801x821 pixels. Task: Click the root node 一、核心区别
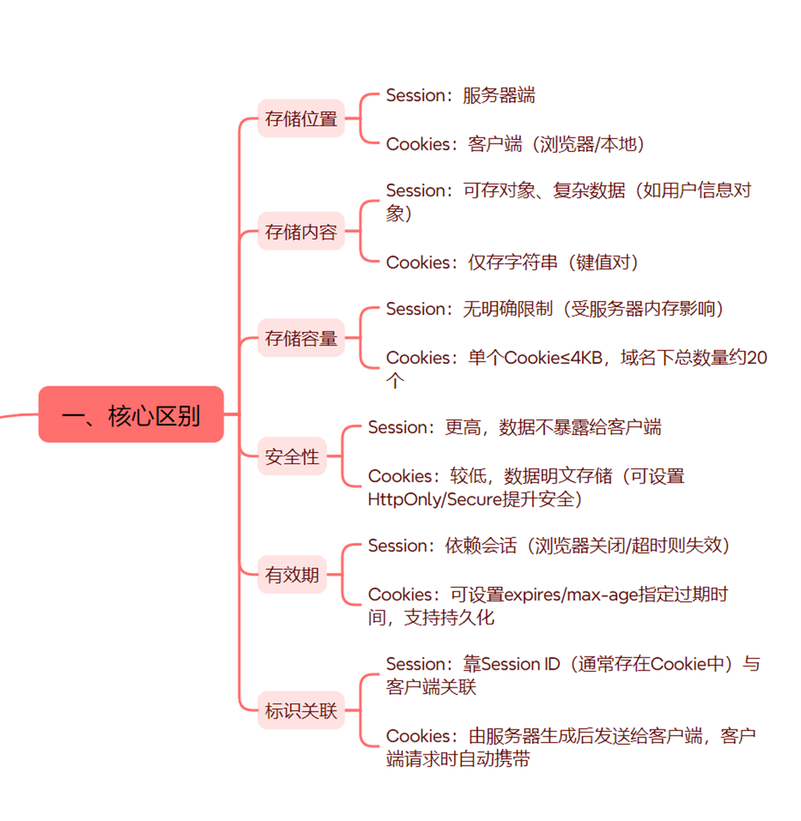tap(131, 415)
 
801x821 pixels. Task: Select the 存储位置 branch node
tap(301, 119)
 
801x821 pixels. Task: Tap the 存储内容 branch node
tap(301, 231)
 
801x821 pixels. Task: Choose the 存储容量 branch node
tap(301, 338)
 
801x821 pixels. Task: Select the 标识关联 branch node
tap(301, 710)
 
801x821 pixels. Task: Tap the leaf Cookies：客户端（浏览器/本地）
tap(515, 144)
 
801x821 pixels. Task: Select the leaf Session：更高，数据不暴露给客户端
tap(514, 427)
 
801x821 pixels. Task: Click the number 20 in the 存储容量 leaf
tap(756, 357)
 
